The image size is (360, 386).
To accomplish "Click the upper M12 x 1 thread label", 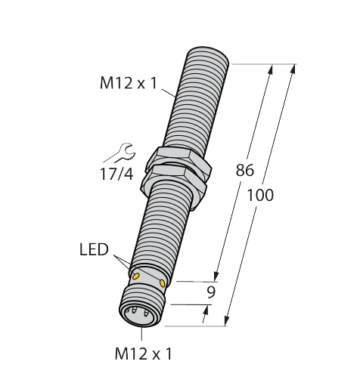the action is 129,83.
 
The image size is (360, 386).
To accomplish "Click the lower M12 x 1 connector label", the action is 143,354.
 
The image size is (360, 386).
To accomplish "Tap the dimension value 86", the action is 245,170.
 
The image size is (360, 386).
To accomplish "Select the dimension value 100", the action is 260,195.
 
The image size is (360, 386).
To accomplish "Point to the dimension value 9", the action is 211,292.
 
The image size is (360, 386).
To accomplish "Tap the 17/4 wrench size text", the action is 116,174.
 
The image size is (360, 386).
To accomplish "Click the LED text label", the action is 94,249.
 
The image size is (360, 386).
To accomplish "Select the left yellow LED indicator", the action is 136,276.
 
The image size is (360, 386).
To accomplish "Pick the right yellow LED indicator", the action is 163,283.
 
